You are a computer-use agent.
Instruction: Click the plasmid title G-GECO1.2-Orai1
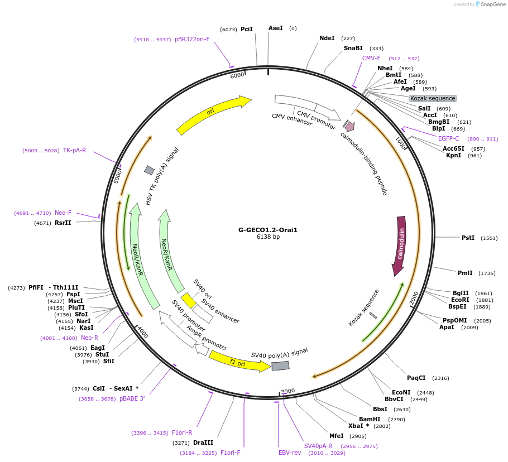(268, 229)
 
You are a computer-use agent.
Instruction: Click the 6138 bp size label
(268, 237)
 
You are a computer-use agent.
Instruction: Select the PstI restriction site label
(468, 238)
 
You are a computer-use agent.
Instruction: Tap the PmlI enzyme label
(465, 273)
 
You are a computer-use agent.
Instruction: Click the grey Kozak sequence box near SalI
(433, 98)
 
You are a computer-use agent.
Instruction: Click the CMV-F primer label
(371, 58)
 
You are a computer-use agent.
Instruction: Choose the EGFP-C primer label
(448, 138)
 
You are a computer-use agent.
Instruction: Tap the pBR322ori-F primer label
(192, 39)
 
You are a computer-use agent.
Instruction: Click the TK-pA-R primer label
(74, 150)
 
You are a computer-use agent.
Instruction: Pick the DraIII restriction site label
(203, 442)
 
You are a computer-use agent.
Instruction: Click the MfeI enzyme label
(336, 436)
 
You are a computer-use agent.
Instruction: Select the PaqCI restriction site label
(416, 378)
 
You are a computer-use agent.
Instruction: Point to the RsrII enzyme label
(63, 223)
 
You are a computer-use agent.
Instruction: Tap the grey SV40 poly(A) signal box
(280, 365)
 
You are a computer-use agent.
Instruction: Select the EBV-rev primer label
(290, 453)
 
